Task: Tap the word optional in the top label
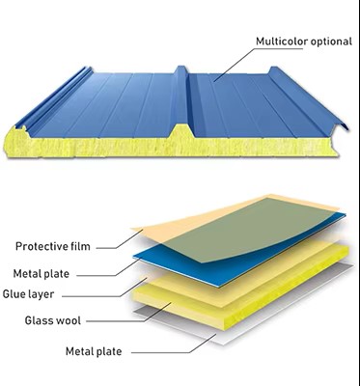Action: [x=331, y=42]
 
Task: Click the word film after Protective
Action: [x=80, y=246]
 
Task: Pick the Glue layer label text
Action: [x=28, y=294]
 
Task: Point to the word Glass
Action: [x=39, y=320]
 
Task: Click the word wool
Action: [x=69, y=320]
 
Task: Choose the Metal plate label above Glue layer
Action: [x=42, y=274]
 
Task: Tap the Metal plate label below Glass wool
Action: [x=94, y=351]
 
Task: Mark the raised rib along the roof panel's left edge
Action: [x=53, y=98]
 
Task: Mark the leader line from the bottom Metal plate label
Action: [x=174, y=344]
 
